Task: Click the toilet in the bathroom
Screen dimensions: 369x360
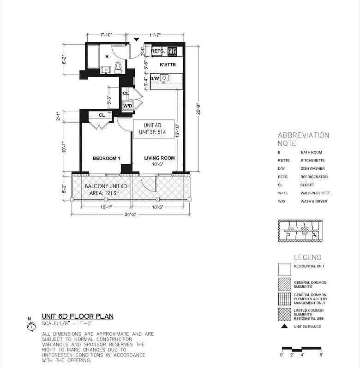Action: (x=118, y=67)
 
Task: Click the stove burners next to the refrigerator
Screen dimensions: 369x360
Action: (x=173, y=51)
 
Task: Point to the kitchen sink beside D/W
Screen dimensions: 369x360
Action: (x=163, y=79)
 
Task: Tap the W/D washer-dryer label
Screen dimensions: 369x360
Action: (x=127, y=106)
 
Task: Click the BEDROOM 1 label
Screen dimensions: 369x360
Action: (x=106, y=158)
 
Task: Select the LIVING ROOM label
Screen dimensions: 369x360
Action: (x=159, y=158)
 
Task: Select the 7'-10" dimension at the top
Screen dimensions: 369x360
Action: (x=106, y=35)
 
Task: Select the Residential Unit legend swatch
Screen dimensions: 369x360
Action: (x=285, y=269)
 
